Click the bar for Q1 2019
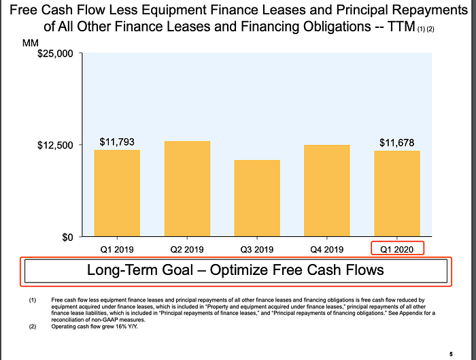click(x=117, y=193)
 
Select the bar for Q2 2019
click(x=187, y=189)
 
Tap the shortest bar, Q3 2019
click(x=257, y=198)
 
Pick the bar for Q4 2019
click(x=326, y=191)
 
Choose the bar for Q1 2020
click(x=396, y=193)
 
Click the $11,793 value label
click(x=117, y=142)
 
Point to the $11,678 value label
click(x=396, y=143)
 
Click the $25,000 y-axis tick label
click(x=55, y=54)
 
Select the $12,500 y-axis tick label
click(x=55, y=145)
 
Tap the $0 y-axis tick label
click(x=67, y=238)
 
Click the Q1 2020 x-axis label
click(x=396, y=250)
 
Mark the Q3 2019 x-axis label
click(x=257, y=250)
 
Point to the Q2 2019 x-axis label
click(x=187, y=250)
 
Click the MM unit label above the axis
click(x=31, y=43)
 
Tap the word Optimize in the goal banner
click(x=245, y=270)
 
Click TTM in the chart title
click(x=401, y=27)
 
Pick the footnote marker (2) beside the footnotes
click(x=33, y=327)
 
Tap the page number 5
click(x=451, y=355)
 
